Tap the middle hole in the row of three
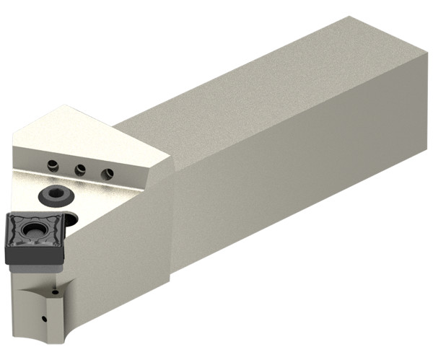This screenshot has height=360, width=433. point(80,170)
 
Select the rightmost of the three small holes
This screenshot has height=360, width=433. point(108,173)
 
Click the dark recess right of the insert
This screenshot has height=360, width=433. point(71,221)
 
